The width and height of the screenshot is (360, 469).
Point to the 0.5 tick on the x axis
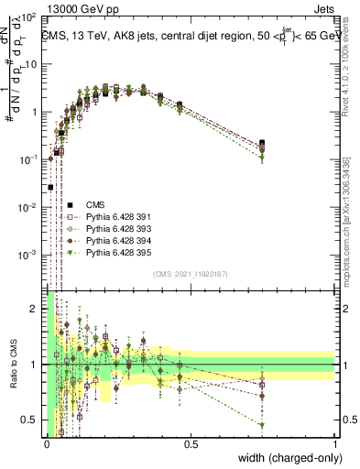191,446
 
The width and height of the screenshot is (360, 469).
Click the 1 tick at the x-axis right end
335,446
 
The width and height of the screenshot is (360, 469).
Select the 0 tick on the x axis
48,446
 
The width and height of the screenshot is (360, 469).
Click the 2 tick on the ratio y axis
37,309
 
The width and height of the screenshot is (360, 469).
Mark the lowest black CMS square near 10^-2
50,187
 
